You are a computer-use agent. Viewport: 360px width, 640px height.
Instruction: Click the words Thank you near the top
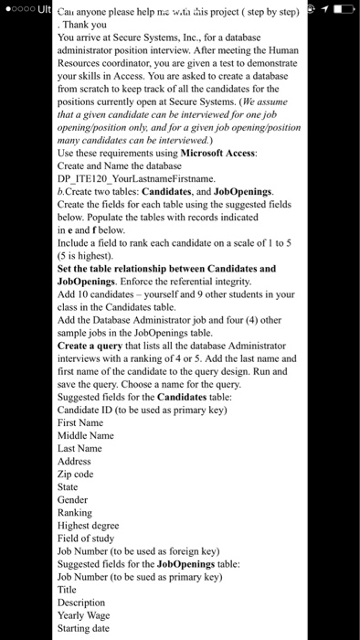pyautogui.click(x=83, y=27)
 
